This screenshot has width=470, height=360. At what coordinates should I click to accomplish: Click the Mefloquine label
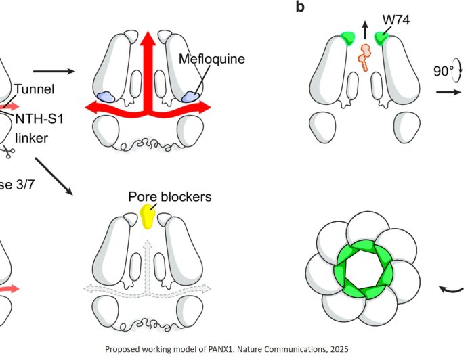(x=211, y=59)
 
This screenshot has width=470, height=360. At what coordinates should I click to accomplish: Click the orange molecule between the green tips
(x=366, y=57)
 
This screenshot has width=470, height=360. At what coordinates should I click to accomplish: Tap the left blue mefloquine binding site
(x=107, y=98)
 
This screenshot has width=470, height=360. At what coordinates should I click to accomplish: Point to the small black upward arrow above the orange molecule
(x=366, y=29)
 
